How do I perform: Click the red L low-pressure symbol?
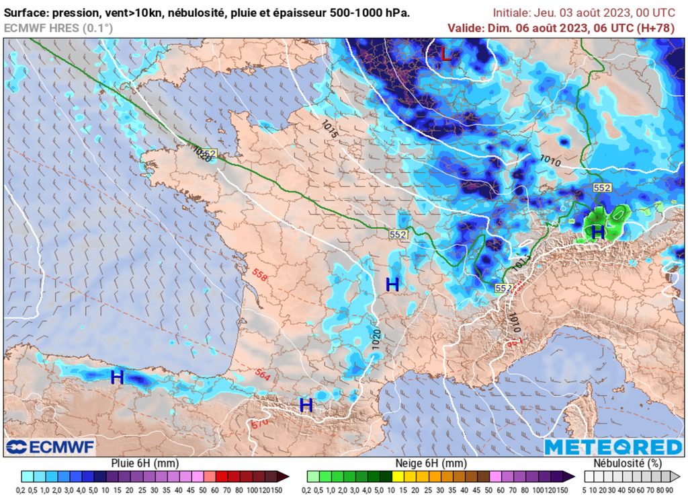click(x=446, y=54)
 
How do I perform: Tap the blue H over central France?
click(x=392, y=284)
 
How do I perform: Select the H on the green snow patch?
click(x=597, y=232)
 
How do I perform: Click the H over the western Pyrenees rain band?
click(x=118, y=377)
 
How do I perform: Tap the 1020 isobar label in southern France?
click(x=377, y=337)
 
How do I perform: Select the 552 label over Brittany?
click(x=208, y=154)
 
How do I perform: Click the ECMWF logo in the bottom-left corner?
click(x=50, y=447)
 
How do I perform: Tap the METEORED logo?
click(x=613, y=447)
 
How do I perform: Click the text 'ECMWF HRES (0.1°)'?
click(x=58, y=28)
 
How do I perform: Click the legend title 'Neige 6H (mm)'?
click(x=429, y=463)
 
